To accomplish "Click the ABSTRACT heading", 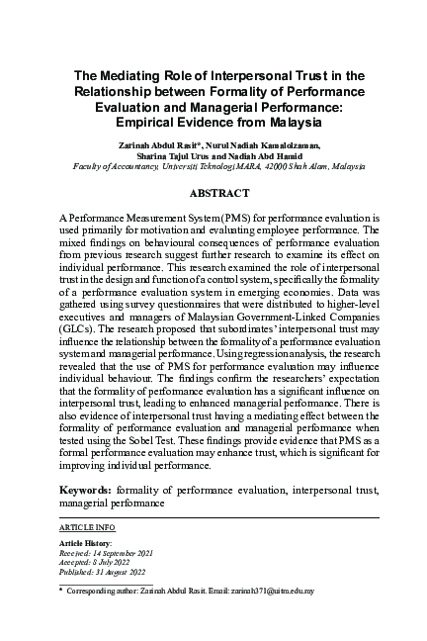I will (x=213, y=194).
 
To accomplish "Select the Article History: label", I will (x=86, y=543).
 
